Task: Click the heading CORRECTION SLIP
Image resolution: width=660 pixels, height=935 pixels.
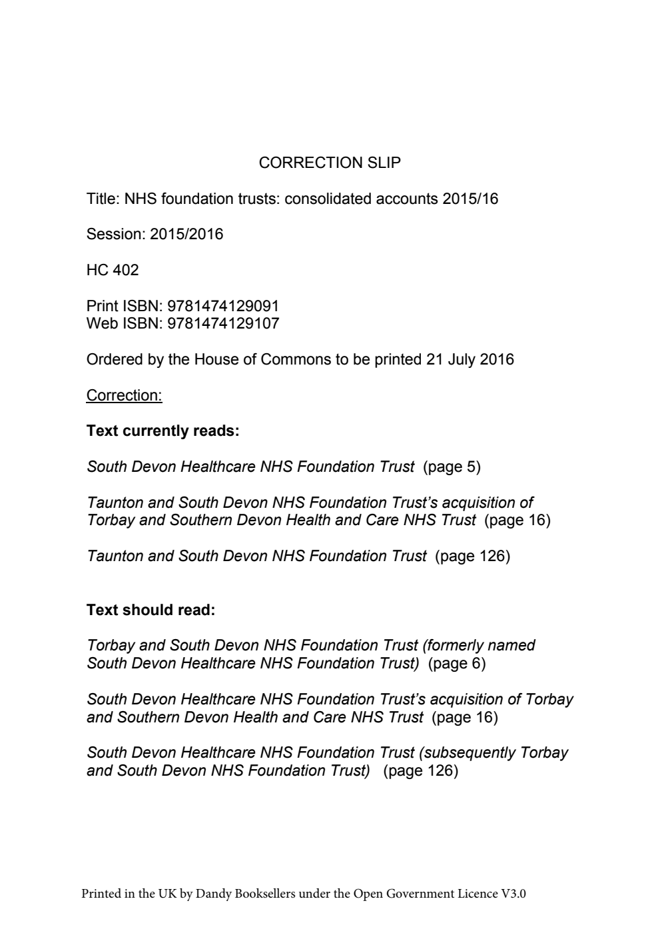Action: click(330, 163)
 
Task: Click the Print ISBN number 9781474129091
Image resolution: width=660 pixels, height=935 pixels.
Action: click(223, 306)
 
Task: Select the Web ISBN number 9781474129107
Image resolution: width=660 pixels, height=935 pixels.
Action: click(223, 324)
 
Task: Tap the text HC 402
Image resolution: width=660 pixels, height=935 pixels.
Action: click(113, 270)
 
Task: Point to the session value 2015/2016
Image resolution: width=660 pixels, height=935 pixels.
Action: click(186, 235)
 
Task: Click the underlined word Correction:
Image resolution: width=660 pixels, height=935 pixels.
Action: click(124, 395)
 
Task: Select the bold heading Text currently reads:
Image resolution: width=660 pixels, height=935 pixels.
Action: click(163, 431)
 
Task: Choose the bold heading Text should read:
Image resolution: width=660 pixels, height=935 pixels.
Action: click(151, 610)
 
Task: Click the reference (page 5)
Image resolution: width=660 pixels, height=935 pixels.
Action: click(452, 467)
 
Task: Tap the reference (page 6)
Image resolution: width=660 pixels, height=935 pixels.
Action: click(457, 664)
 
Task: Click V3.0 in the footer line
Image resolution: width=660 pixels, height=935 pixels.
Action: click(513, 894)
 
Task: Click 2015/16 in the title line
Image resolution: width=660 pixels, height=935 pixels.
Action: click(470, 199)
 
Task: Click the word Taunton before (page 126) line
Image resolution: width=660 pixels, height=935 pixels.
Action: click(115, 556)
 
